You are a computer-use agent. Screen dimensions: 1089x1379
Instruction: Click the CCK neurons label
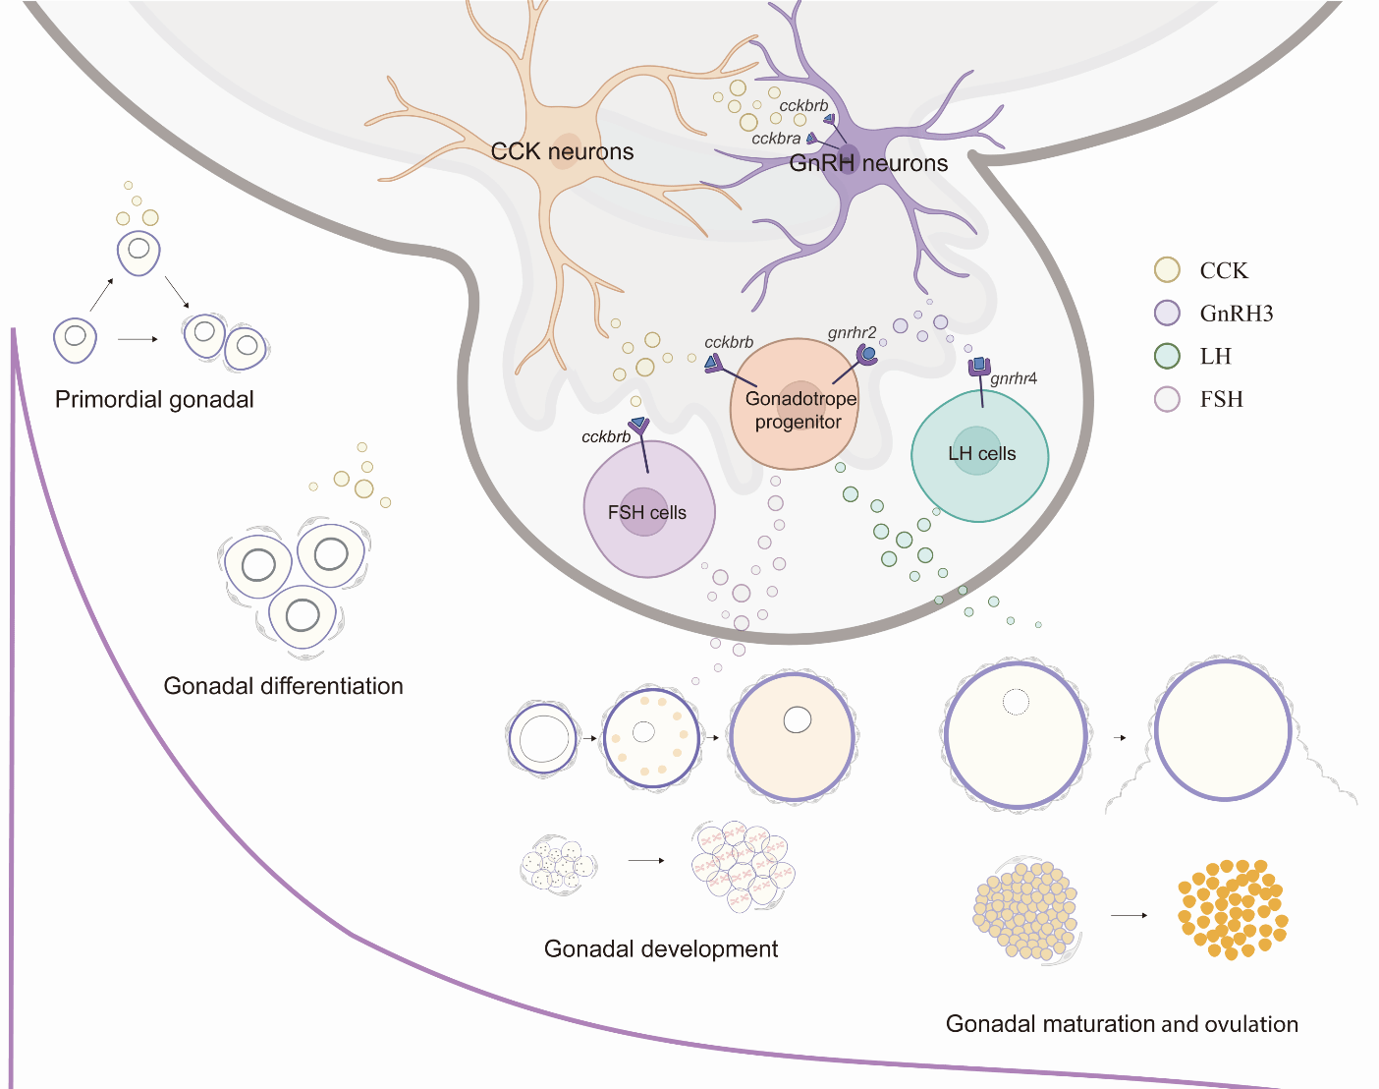(x=562, y=151)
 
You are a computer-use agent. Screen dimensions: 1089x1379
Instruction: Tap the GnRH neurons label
(x=868, y=163)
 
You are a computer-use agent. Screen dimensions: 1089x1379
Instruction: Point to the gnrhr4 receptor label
(x=1014, y=378)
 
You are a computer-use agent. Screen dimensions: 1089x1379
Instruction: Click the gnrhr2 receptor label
(x=852, y=332)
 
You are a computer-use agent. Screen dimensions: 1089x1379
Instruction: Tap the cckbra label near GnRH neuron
(x=776, y=139)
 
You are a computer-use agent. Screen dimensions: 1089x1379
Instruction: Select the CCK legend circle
(x=1167, y=270)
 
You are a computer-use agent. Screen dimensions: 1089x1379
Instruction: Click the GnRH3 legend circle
(x=1167, y=314)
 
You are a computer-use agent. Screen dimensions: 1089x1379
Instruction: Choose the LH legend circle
(x=1167, y=356)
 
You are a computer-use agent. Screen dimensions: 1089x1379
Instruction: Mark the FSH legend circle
(x=1167, y=399)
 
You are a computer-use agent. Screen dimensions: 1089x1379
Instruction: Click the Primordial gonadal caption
(x=154, y=399)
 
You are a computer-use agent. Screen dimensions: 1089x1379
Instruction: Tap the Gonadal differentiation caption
(x=283, y=686)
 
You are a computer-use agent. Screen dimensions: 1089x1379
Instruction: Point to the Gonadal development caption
(x=660, y=948)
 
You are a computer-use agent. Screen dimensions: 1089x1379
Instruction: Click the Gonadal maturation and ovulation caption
(x=1122, y=1024)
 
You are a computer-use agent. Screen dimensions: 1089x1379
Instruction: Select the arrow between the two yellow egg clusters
(x=1129, y=915)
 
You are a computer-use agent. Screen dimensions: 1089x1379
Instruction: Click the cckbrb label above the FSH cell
(x=606, y=436)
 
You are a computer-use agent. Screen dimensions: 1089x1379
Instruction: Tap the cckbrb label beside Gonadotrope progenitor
(x=729, y=342)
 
